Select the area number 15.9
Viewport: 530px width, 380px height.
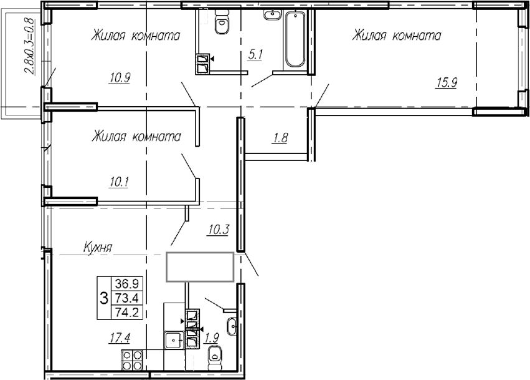[x=446, y=82]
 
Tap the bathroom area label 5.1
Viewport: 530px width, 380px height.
[x=256, y=55]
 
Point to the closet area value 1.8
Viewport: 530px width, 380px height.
[x=280, y=139]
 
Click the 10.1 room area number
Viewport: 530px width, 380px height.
[x=118, y=182]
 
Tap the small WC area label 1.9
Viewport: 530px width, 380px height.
[x=213, y=338]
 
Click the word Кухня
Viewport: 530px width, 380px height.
[x=98, y=248]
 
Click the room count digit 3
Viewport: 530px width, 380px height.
[x=103, y=297]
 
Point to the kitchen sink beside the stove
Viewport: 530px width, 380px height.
[x=172, y=341]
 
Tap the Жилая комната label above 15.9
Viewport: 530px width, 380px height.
[x=396, y=36]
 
